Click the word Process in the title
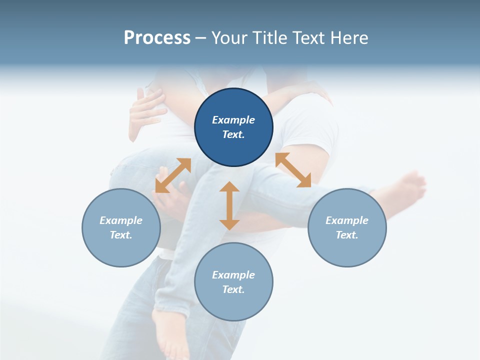(x=157, y=38)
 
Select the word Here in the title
(x=349, y=38)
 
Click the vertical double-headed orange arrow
(x=229, y=205)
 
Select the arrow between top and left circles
(x=173, y=175)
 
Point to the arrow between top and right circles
(x=293, y=170)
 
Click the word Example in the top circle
(x=233, y=120)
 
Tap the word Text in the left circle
(x=121, y=235)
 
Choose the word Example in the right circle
(x=347, y=220)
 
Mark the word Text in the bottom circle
(x=233, y=289)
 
